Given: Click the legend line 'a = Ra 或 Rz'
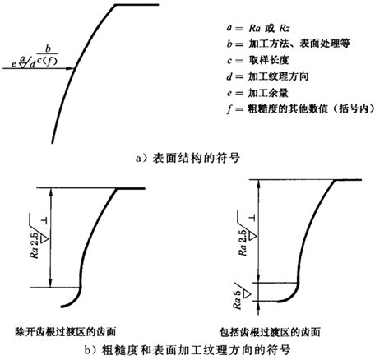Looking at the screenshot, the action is coord(258,28).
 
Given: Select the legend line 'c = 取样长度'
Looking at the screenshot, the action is coord(257,60).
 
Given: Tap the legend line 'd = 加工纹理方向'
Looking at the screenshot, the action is coord(267,76).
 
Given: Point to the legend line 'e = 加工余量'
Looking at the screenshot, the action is coord(257,93).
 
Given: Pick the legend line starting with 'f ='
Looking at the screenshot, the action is coord(300,109).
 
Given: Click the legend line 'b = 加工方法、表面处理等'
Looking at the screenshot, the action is coord(288,44).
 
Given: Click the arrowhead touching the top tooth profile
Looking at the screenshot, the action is coord(71,68).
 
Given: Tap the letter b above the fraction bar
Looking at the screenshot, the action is coord(48,48).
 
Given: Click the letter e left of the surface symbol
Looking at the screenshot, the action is coord(14,64).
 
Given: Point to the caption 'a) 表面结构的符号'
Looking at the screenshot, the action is coord(187,159).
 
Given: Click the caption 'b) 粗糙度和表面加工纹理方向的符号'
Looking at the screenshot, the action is coord(187,350).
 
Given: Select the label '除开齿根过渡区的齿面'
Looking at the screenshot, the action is coord(66,332).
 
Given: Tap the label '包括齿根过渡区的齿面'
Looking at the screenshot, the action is coord(270,332).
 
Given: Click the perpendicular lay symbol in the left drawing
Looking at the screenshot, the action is coord(44,221).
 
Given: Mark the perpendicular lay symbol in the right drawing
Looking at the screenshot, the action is coord(252,218).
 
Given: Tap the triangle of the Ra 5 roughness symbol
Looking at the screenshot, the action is coord(247,293).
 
